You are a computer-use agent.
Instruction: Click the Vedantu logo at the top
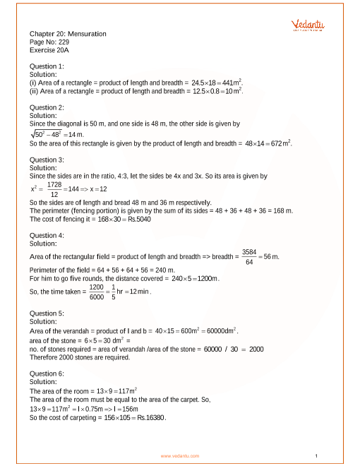pos(308,25)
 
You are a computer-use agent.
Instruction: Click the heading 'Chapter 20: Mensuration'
pos(68,33)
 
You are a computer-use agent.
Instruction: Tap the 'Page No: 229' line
pos(49,42)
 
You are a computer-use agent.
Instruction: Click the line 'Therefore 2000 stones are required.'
pos(80,357)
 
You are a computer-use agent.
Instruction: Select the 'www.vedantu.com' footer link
pos(180,456)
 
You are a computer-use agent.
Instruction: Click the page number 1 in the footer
pos(317,456)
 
